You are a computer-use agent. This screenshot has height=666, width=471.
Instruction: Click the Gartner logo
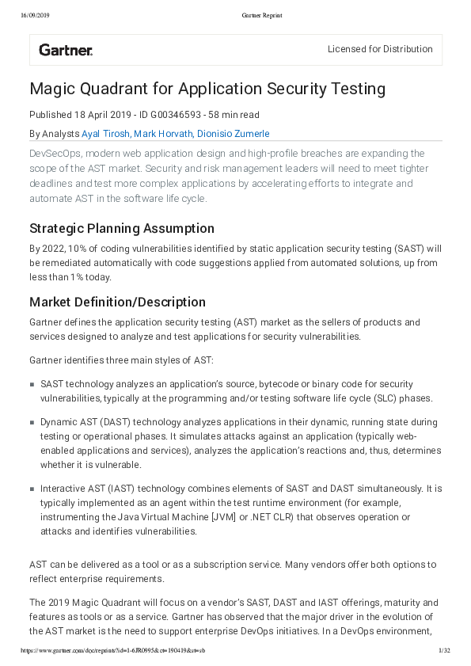coord(66,50)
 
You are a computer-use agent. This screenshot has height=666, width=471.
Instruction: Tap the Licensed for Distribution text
coord(380,49)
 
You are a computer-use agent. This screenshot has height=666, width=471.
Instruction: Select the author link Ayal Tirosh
coord(106,134)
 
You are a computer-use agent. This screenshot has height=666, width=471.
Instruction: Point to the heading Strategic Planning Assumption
coord(122,229)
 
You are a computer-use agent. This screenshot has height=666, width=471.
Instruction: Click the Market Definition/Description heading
coord(117,302)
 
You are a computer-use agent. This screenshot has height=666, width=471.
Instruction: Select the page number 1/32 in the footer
coord(444,650)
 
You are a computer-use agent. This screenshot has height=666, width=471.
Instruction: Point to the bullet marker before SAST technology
coord(32,384)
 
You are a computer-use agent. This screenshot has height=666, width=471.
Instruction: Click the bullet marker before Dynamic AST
coord(32,424)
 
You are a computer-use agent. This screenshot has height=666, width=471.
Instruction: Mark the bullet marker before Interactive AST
coord(32,489)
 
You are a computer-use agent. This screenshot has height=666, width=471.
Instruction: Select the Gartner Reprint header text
coord(261,15)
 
